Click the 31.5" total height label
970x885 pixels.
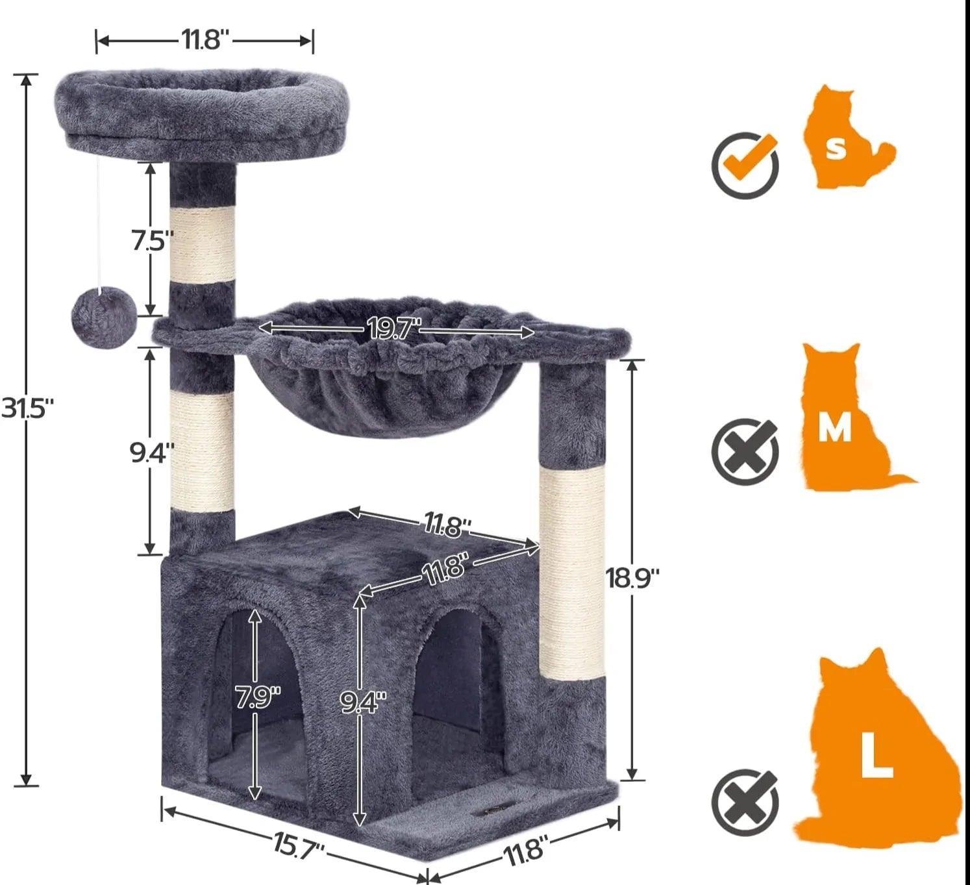[27, 408]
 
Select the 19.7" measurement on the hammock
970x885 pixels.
[394, 329]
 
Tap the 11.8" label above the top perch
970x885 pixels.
[205, 40]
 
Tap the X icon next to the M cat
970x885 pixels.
[745, 451]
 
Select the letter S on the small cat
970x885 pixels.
[836, 148]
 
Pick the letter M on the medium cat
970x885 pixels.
[834, 428]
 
